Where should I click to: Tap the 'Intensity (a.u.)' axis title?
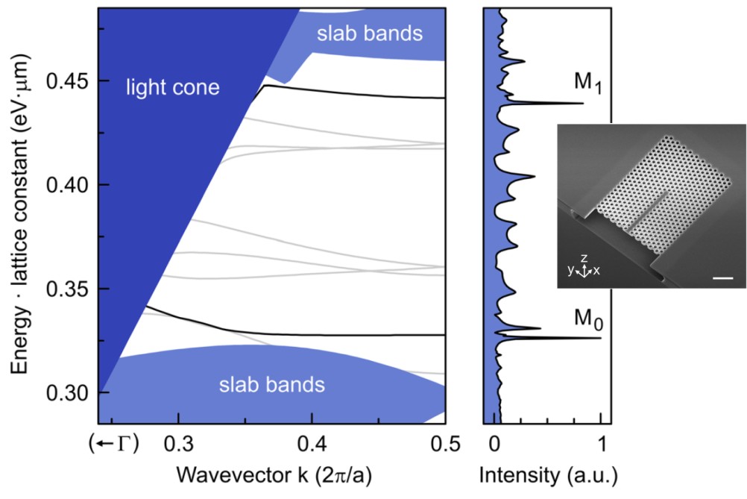(x=548, y=474)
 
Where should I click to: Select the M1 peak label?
(x=588, y=84)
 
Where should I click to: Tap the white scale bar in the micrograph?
(x=722, y=278)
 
